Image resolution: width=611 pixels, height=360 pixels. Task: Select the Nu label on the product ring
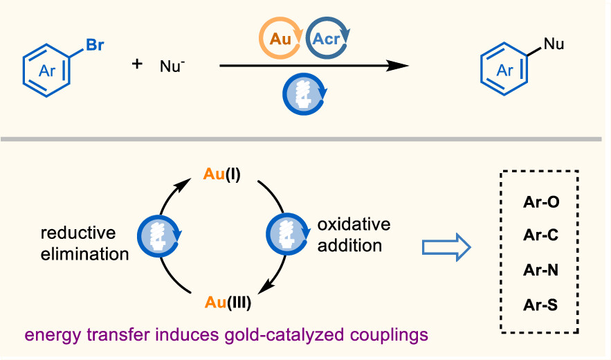click(x=554, y=45)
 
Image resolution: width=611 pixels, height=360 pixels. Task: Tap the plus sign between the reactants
click(x=138, y=65)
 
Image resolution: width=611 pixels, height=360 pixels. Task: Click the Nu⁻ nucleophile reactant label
click(x=172, y=66)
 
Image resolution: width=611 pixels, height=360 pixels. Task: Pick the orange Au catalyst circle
click(x=280, y=39)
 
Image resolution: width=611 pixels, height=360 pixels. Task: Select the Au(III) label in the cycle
click(x=228, y=303)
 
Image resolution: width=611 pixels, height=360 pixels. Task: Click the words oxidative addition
click(x=354, y=235)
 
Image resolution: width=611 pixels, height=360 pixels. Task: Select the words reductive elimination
click(x=84, y=242)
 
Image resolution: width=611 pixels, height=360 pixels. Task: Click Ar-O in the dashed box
click(x=541, y=203)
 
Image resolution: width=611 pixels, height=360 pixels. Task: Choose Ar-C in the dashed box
click(x=541, y=236)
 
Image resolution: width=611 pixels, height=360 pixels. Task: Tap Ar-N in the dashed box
click(x=541, y=269)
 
